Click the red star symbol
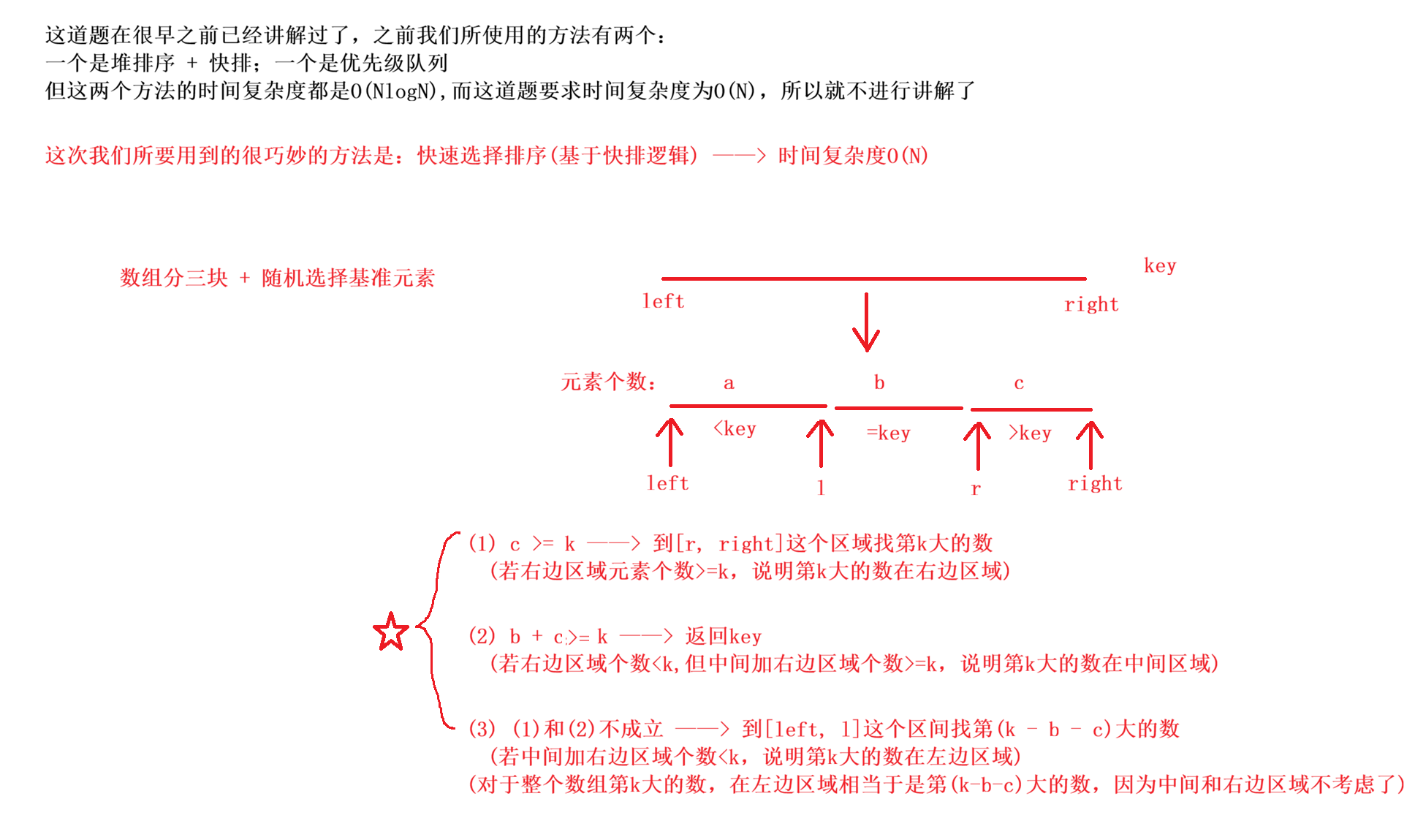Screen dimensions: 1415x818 [391, 632]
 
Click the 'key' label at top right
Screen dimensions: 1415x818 [1160, 265]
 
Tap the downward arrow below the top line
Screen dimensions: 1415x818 [866, 322]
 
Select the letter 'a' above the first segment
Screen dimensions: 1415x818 [729, 383]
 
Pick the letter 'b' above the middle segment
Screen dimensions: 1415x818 [879, 382]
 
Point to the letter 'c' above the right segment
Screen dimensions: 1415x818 [1019, 383]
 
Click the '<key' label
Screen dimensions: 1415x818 [735, 428]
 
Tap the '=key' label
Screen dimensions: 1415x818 [889, 433]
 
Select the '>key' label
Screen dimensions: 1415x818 [1030, 433]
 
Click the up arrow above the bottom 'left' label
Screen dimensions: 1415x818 [669, 442]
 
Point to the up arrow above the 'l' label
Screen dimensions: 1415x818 [820, 443]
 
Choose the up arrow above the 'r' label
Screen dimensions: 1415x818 [977, 445]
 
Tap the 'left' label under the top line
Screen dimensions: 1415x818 [664, 301]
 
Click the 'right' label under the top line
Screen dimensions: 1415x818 [1091, 304]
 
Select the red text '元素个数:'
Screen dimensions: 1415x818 [608, 382]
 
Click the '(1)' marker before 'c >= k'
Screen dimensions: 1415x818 [482, 543]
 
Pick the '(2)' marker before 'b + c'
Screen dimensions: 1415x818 [482, 636]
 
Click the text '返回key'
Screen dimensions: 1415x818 [723, 636]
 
